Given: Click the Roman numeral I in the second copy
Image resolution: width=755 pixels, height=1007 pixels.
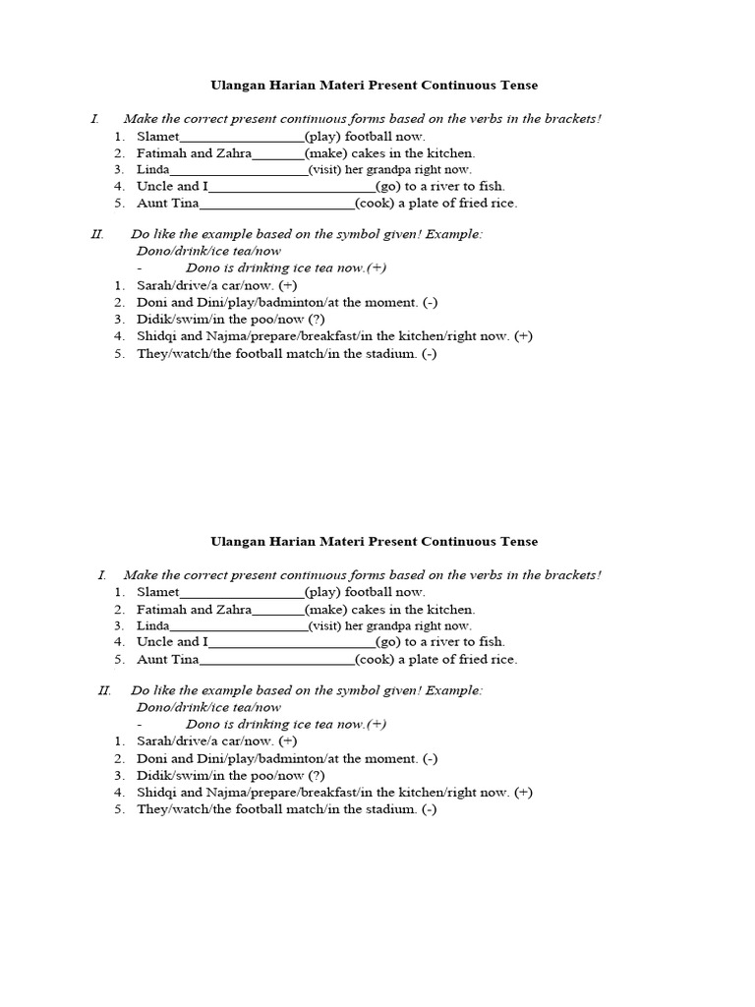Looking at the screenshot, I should coord(101,574).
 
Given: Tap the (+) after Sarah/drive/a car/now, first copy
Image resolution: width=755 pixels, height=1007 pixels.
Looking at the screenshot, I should coord(287,285).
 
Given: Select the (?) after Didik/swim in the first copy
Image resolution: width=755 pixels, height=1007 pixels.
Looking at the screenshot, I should coord(316,319).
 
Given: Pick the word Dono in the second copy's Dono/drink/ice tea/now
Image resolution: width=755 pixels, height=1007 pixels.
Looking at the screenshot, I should coord(153,707).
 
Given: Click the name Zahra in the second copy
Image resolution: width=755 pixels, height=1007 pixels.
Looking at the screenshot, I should coord(234,609).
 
